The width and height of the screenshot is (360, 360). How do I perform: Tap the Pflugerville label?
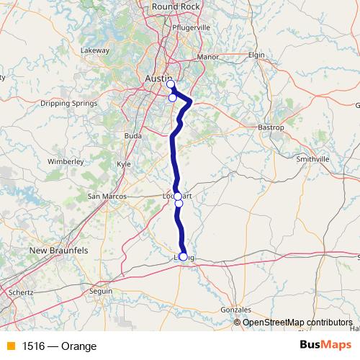coord(192,27)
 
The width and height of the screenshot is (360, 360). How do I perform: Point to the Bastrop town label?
coord(271,127)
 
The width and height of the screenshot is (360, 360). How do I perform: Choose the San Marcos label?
coord(107,196)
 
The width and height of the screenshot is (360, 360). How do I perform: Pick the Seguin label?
coord(101,291)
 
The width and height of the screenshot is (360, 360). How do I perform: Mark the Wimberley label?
coord(66,163)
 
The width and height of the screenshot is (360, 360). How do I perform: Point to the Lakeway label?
coord(94,50)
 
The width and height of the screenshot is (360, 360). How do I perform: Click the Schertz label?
coord(21,294)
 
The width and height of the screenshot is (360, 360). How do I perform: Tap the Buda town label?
coord(132,135)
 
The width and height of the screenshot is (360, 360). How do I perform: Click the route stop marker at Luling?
coord(183,256)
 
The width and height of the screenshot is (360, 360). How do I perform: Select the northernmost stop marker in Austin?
coord(171,84)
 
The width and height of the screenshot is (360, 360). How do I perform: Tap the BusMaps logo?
coord(325,346)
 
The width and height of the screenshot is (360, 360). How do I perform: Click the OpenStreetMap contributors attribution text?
coord(297,323)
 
